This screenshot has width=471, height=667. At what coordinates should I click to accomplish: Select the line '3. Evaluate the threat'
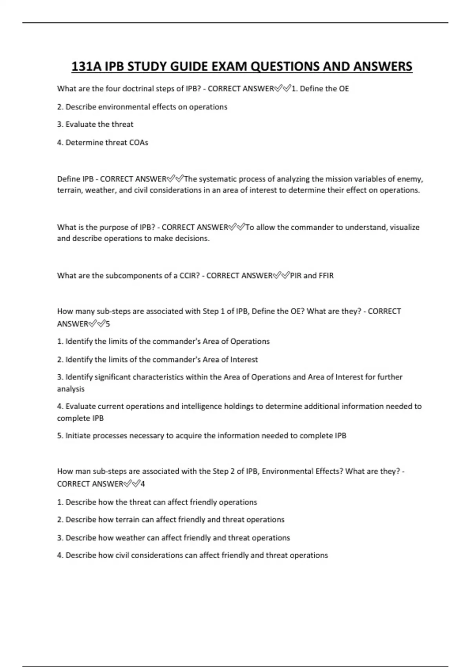tap(95, 124)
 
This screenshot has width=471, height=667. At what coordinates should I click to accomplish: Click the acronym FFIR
tap(326, 276)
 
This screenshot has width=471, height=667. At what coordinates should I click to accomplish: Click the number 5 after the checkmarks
tap(108, 324)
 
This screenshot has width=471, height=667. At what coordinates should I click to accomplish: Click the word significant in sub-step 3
tap(111, 377)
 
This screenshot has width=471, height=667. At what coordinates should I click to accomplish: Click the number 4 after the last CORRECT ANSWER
tap(142, 484)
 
